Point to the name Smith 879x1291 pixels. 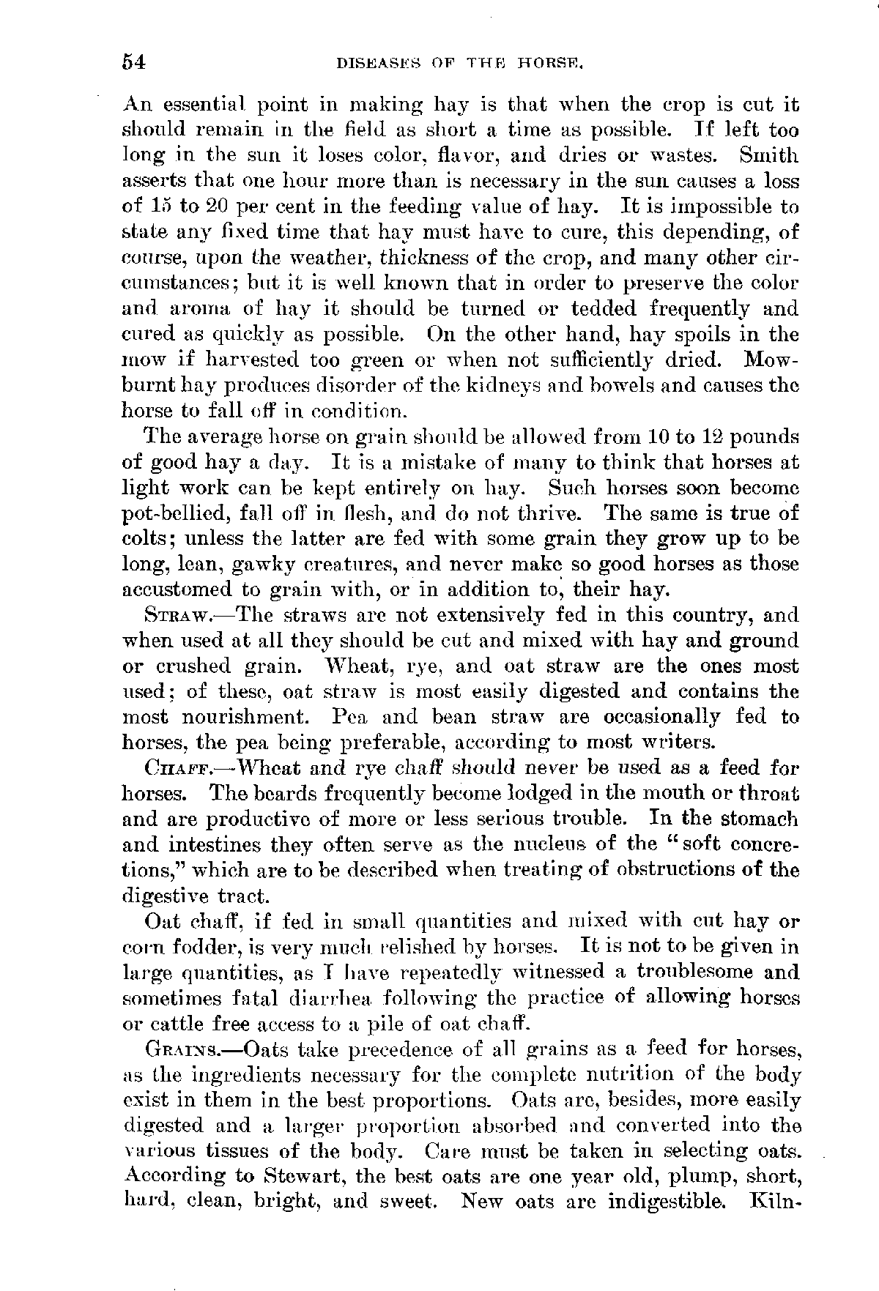coord(769,156)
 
